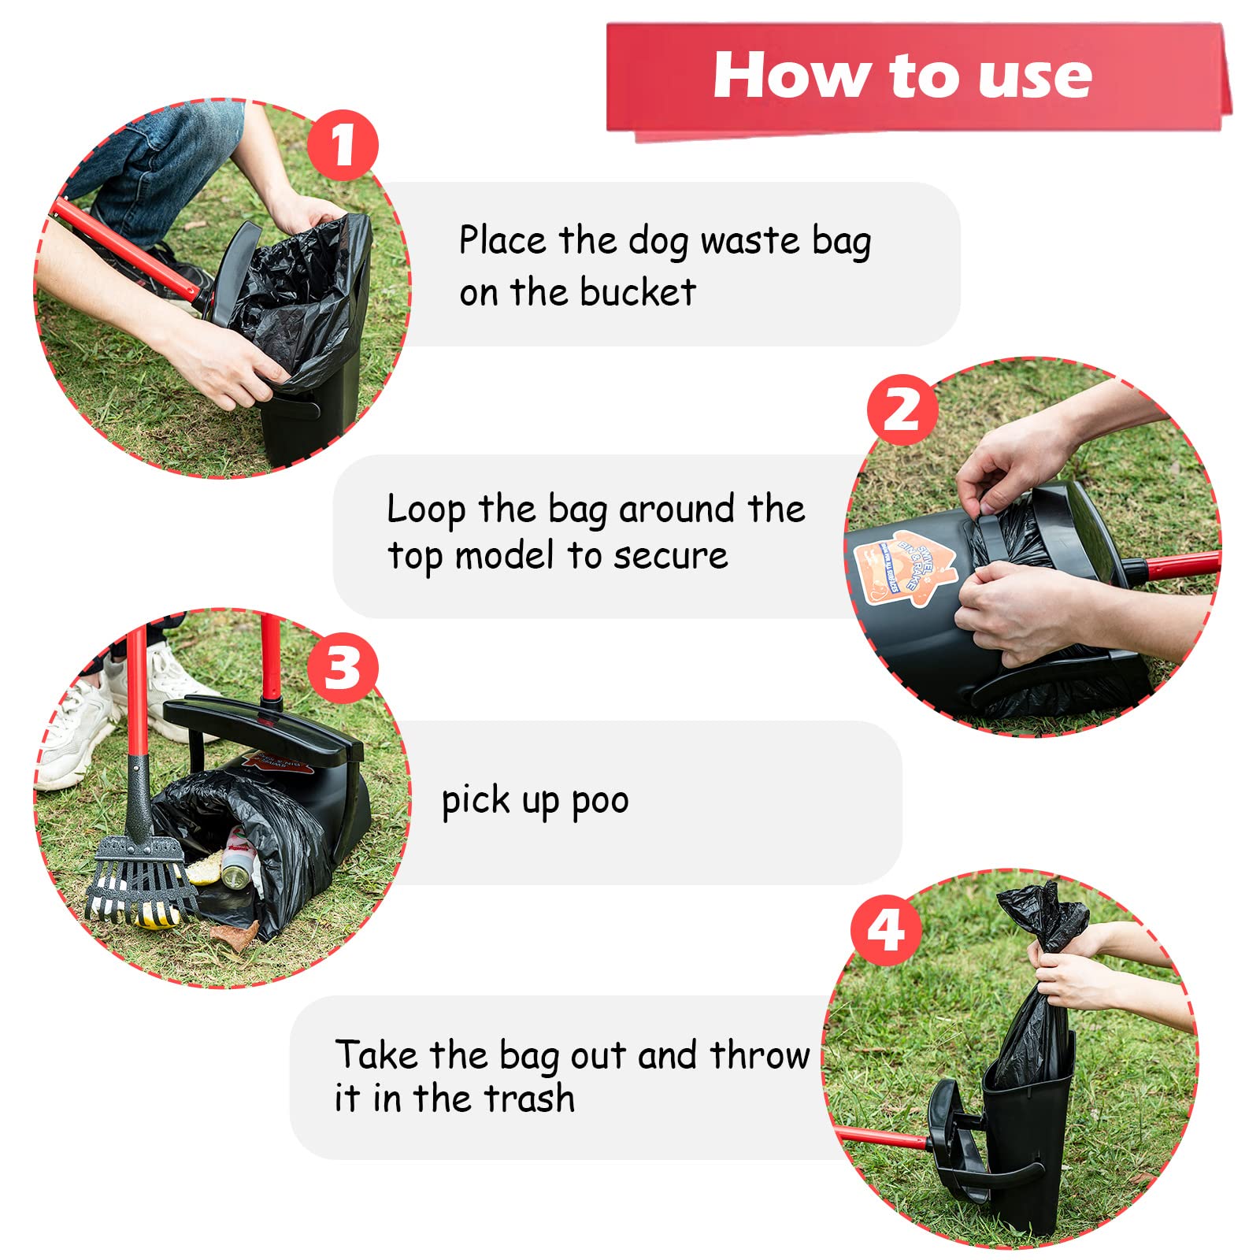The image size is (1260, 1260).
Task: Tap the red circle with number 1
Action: pos(342,145)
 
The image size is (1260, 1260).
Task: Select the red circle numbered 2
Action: pos(902,409)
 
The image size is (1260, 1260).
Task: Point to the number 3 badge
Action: pos(342,669)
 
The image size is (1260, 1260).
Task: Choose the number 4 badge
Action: pos(886,930)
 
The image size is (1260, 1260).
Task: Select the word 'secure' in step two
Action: pos(670,556)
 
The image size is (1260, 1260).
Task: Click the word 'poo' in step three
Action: pos(600,802)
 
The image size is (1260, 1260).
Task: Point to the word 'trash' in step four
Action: pos(529,1098)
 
